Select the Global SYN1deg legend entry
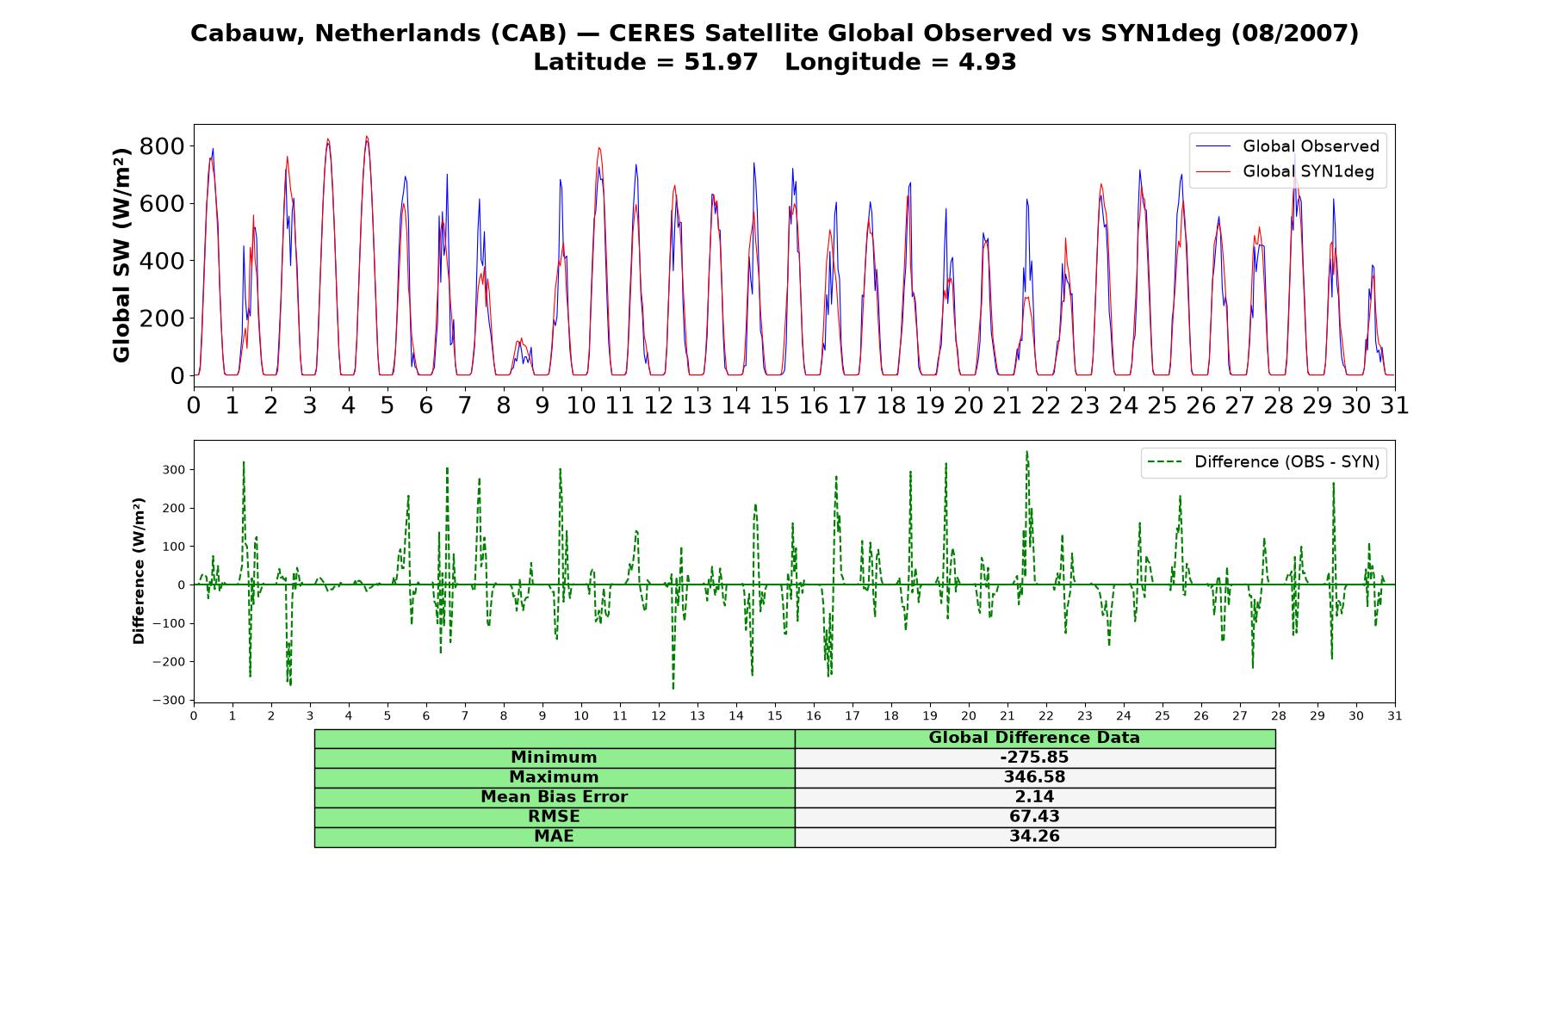click(x=1285, y=171)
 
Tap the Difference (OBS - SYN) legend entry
click(x=1264, y=462)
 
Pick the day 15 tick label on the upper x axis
click(x=775, y=405)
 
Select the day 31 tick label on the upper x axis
click(x=1395, y=405)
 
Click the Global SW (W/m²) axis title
click(x=121, y=256)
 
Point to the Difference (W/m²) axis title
click(x=139, y=571)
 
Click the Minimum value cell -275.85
click(x=1034, y=758)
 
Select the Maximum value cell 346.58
click(x=1034, y=777)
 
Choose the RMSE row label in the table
click(x=554, y=817)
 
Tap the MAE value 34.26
click(x=1034, y=837)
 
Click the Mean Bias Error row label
click(x=554, y=797)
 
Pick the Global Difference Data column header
click(x=1034, y=738)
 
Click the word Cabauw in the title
click(x=248, y=34)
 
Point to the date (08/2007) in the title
click(x=1295, y=34)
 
